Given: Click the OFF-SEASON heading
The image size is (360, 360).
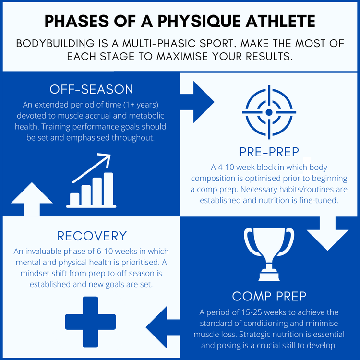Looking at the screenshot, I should coord(91,90).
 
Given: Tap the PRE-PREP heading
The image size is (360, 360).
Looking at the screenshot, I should coord(269,152).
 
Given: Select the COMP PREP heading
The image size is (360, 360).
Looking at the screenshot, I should coord(269,295).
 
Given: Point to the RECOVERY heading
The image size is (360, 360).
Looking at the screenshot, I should coord(92,236).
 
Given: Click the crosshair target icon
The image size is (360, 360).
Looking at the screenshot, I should coord(269,111).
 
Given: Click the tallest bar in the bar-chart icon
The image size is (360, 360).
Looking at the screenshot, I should coord(108,189).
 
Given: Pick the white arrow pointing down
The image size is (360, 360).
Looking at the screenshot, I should coord(327,233).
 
